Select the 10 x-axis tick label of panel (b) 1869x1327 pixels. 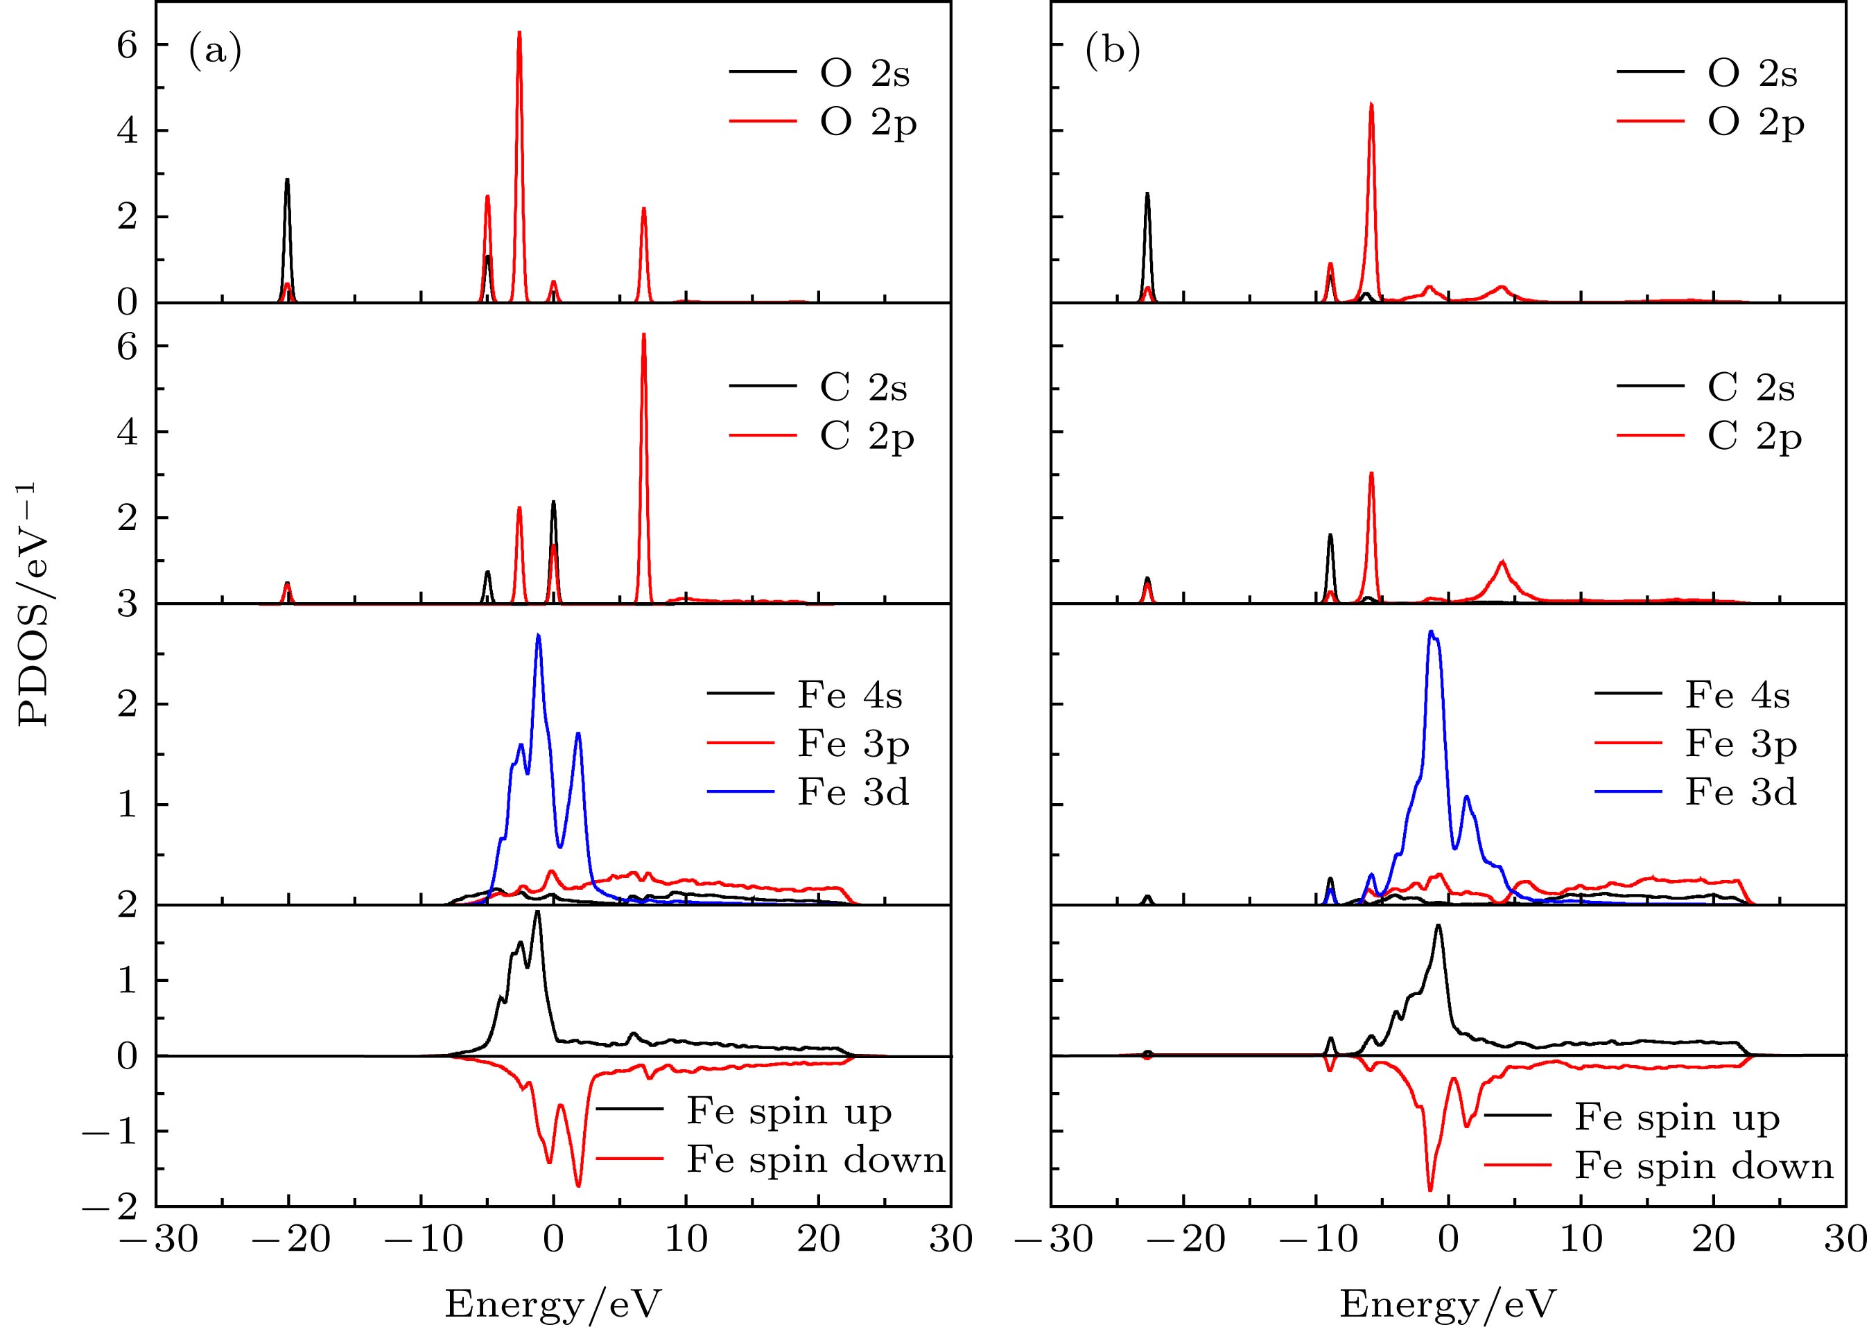tap(1581, 1240)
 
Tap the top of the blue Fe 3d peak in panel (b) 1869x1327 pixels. tap(1430, 632)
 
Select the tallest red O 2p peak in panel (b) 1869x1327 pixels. tap(1371, 105)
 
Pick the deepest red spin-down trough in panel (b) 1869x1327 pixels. tap(1429, 1190)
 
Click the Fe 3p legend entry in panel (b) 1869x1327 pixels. tap(1740, 744)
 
